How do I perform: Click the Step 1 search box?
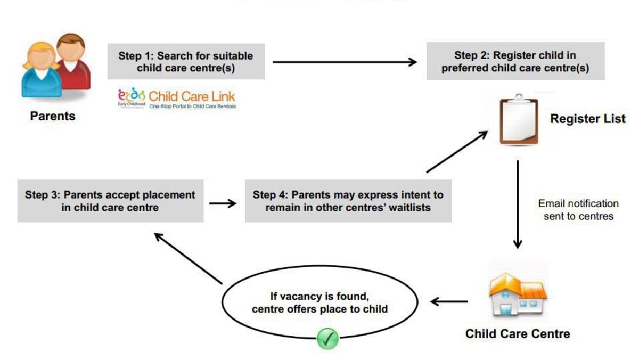pos(186,62)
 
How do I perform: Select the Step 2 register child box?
pos(515,62)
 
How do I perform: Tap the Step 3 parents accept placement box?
pos(110,201)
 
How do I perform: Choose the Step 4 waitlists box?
pos(348,201)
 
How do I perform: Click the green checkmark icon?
pos(327,339)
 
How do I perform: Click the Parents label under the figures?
pos(53,116)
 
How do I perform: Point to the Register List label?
pos(588,119)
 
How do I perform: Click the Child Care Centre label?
pos(518,334)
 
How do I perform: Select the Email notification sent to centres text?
pos(578,210)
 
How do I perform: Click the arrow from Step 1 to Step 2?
pos(345,62)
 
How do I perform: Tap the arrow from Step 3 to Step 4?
pos(223,203)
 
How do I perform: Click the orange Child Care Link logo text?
pos(192,96)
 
